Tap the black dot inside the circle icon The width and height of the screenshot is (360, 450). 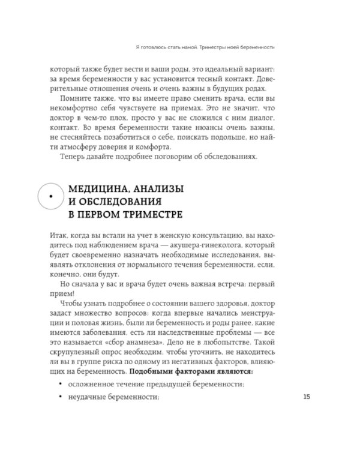[51, 196]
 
